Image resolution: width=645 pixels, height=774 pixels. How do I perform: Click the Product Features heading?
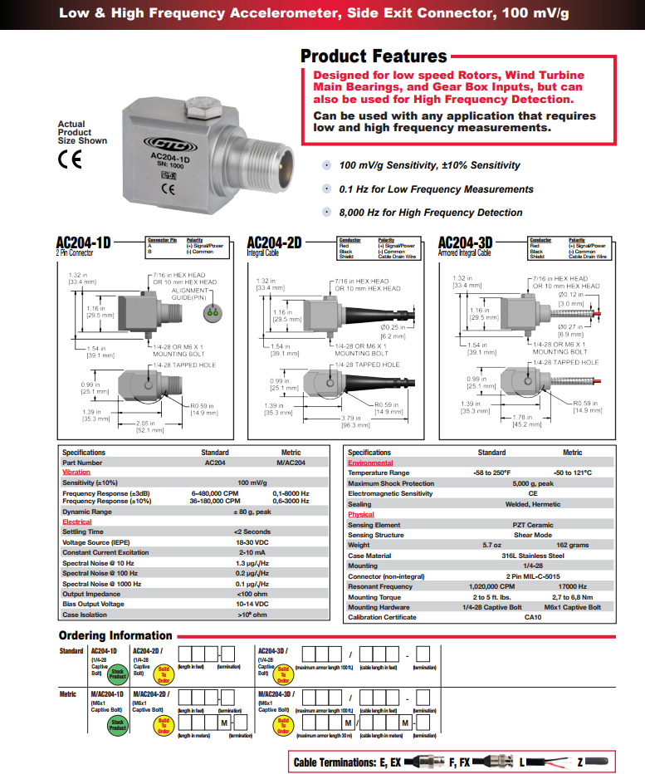tap(374, 56)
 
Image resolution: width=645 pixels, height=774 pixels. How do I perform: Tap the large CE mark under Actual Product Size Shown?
tap(70, 160)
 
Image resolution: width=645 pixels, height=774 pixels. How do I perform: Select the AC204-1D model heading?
tap(83, 242)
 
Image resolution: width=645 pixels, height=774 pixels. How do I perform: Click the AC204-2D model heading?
tap(274, 242)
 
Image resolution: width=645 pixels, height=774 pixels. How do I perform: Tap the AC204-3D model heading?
tap(465, 242)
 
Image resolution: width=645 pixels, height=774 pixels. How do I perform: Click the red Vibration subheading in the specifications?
tap(76, 472)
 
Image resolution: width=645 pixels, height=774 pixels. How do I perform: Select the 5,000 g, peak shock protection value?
tap(532, 483)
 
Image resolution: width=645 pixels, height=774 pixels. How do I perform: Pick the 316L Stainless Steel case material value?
tap(532, 556)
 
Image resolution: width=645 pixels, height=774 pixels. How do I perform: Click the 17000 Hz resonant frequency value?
tap(573, 586)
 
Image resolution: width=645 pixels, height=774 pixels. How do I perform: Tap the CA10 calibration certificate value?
tap(532, 617)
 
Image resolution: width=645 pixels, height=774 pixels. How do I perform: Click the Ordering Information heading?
tap(115, 635)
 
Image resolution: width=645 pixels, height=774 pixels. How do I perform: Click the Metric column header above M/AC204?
tap(291, 453)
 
